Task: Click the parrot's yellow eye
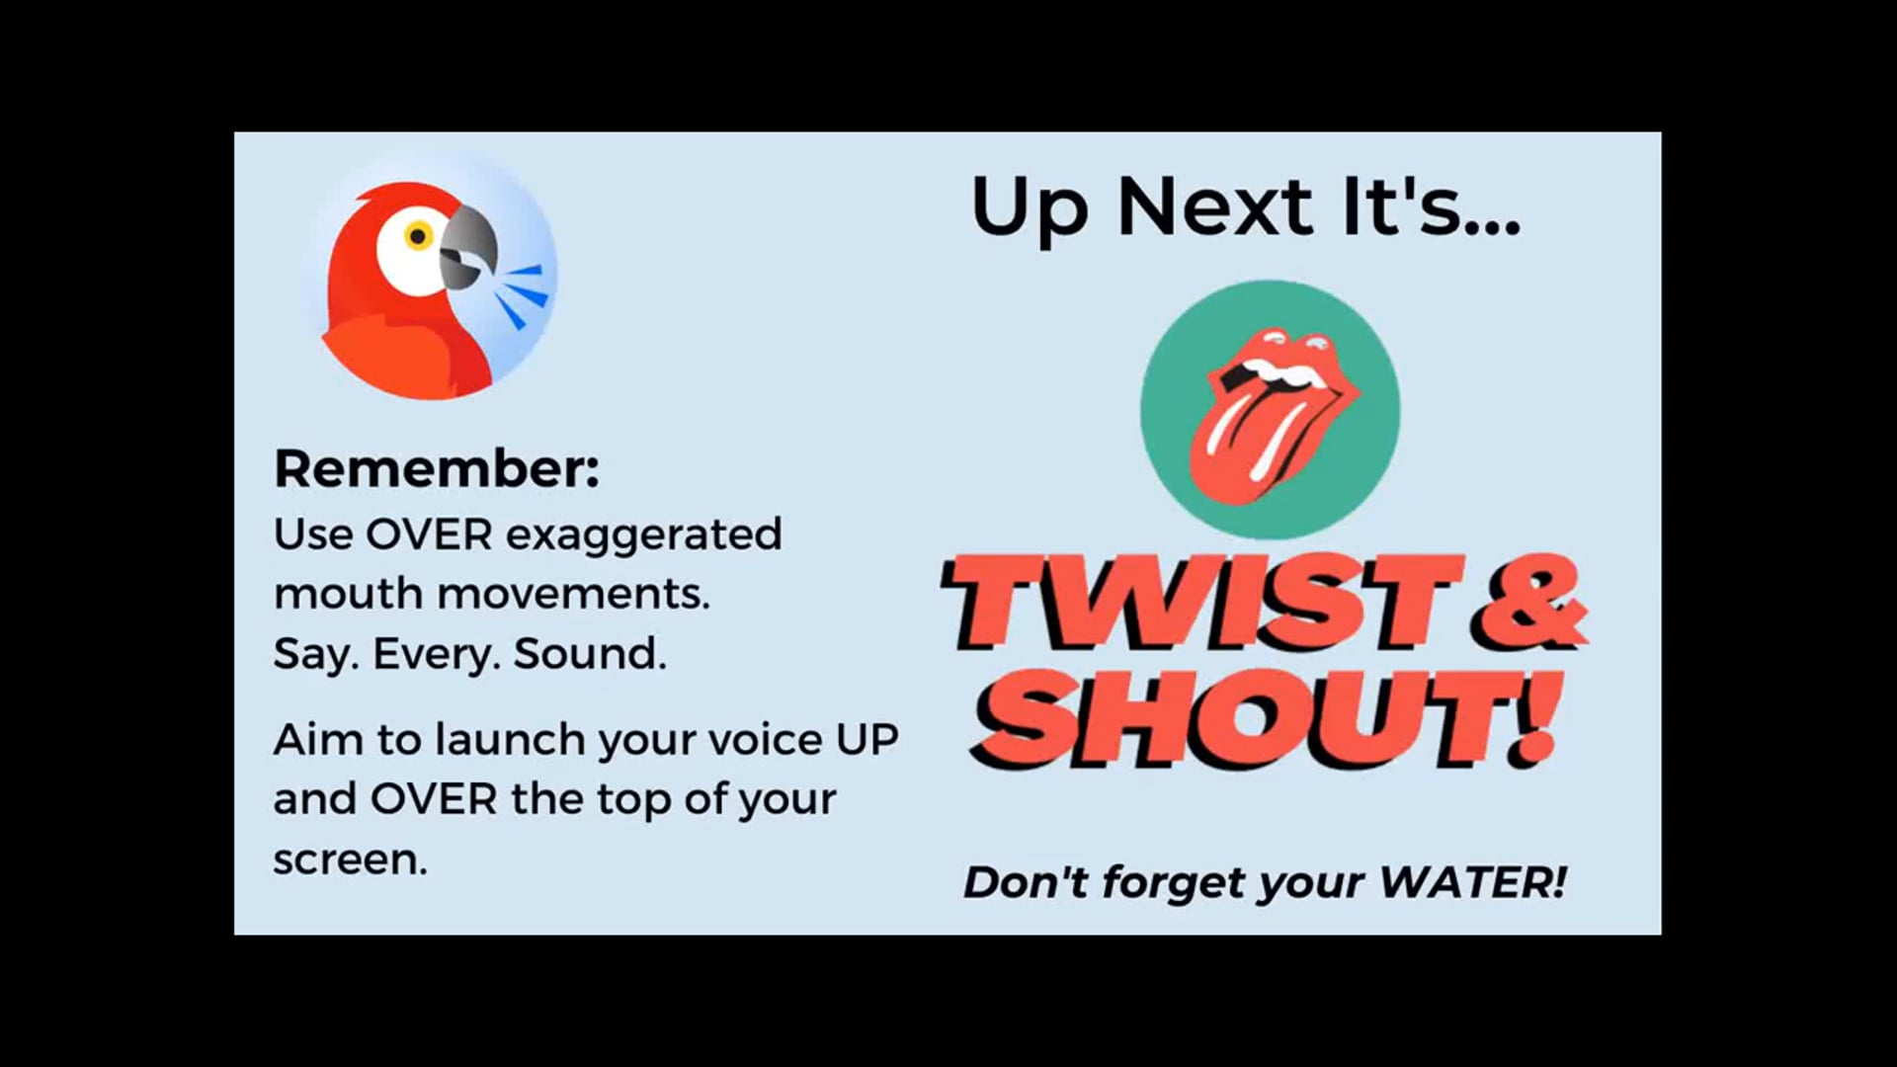click(x=418, y=237)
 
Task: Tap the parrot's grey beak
click(x=466, y=247)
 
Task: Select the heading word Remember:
click(x=437, y=469)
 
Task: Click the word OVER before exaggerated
click(x=429, y=535)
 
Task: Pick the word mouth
click(x=349, y=595)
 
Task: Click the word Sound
click(x=590, y=654)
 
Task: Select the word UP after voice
click(x=866, y=740)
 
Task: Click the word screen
click(x=350, y=861)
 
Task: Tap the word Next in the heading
click(x=1214, y=207)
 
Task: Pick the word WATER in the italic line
click(x=1472, y=882)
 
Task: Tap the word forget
click(x=1174, y=882)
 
